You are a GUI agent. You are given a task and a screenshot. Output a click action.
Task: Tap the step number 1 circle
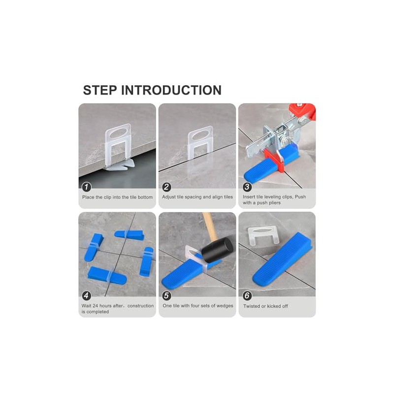(x=87, y=187)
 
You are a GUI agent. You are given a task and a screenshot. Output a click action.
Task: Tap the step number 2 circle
(x=166, y=187)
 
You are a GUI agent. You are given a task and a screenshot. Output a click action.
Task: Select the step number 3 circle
(x=247, y=187)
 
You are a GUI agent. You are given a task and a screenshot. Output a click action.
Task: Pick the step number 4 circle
(x=87, y=295)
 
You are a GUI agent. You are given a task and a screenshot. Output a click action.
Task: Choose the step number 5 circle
(x=166, y=295)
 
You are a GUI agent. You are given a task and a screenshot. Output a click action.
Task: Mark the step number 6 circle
(x=247, y=295)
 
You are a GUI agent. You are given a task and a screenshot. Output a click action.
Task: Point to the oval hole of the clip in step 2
(x=199, y=135)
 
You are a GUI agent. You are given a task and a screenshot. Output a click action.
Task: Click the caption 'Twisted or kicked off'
(x=265, y=306)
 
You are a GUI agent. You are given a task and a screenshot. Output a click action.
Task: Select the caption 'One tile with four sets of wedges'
(x=197, y=306)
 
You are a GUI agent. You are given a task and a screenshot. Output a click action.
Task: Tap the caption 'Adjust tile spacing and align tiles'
(x=197, y=197)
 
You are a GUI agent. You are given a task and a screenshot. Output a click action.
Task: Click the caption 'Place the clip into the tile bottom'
(x=117, y=197)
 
